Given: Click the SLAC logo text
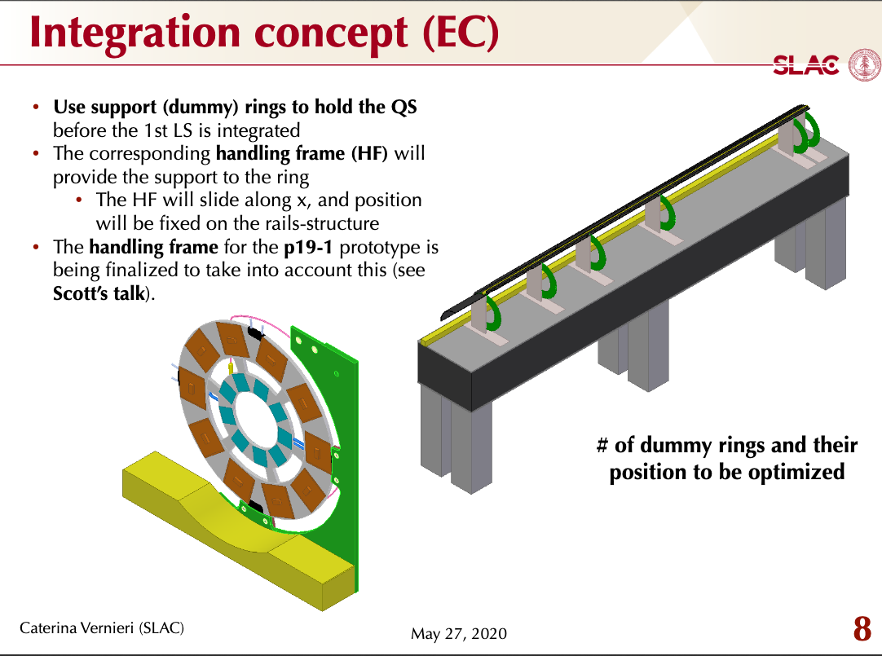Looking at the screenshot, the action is (805, 64).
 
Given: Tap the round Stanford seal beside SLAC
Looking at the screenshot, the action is (865, 64).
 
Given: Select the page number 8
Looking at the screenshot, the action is (862, 628).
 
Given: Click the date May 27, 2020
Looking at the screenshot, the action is (458, 633).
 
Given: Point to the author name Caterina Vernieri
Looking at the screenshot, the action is (77, 627).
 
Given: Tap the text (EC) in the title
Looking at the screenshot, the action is (461, 33).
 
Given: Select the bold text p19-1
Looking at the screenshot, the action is (308, 248).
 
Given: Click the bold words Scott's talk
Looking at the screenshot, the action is (99, 293).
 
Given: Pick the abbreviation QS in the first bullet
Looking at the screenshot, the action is (404, 107).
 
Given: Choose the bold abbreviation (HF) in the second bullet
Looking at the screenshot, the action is (369, 153).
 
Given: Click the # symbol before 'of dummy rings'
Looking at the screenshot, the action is (602, 445).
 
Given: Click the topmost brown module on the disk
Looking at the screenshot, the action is (232, 338).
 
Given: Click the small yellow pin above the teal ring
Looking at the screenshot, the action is (230, 368).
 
